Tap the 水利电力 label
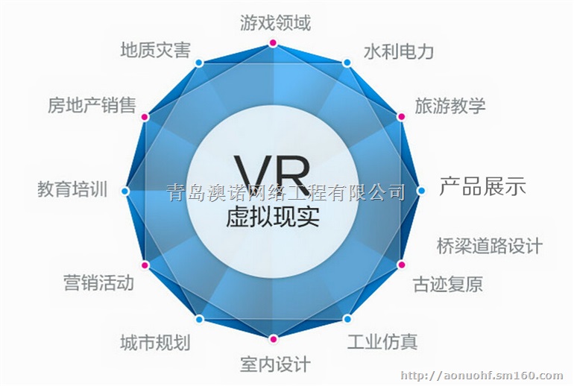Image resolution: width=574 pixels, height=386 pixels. (398, 51)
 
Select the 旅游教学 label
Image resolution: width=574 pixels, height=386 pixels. (450, 104)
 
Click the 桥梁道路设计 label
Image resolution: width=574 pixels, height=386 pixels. (489, 245)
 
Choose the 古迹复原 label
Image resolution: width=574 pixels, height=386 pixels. (447, 284)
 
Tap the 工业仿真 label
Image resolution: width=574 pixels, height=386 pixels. (382, 341)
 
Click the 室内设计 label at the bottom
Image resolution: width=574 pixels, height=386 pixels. (274, 364)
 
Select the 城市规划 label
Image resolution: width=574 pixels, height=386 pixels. (155, 343)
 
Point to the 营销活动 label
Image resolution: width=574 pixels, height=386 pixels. (99, 282)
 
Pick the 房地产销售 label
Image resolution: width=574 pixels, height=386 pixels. (92, 105)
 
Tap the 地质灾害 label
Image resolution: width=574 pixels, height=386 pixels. (155, 51)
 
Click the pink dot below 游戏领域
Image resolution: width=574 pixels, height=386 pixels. (274, 46)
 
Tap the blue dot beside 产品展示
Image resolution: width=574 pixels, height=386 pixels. (421, 191)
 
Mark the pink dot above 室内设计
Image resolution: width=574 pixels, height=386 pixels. (274, 340)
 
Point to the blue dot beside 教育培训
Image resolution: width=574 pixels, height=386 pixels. (125, 192)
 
